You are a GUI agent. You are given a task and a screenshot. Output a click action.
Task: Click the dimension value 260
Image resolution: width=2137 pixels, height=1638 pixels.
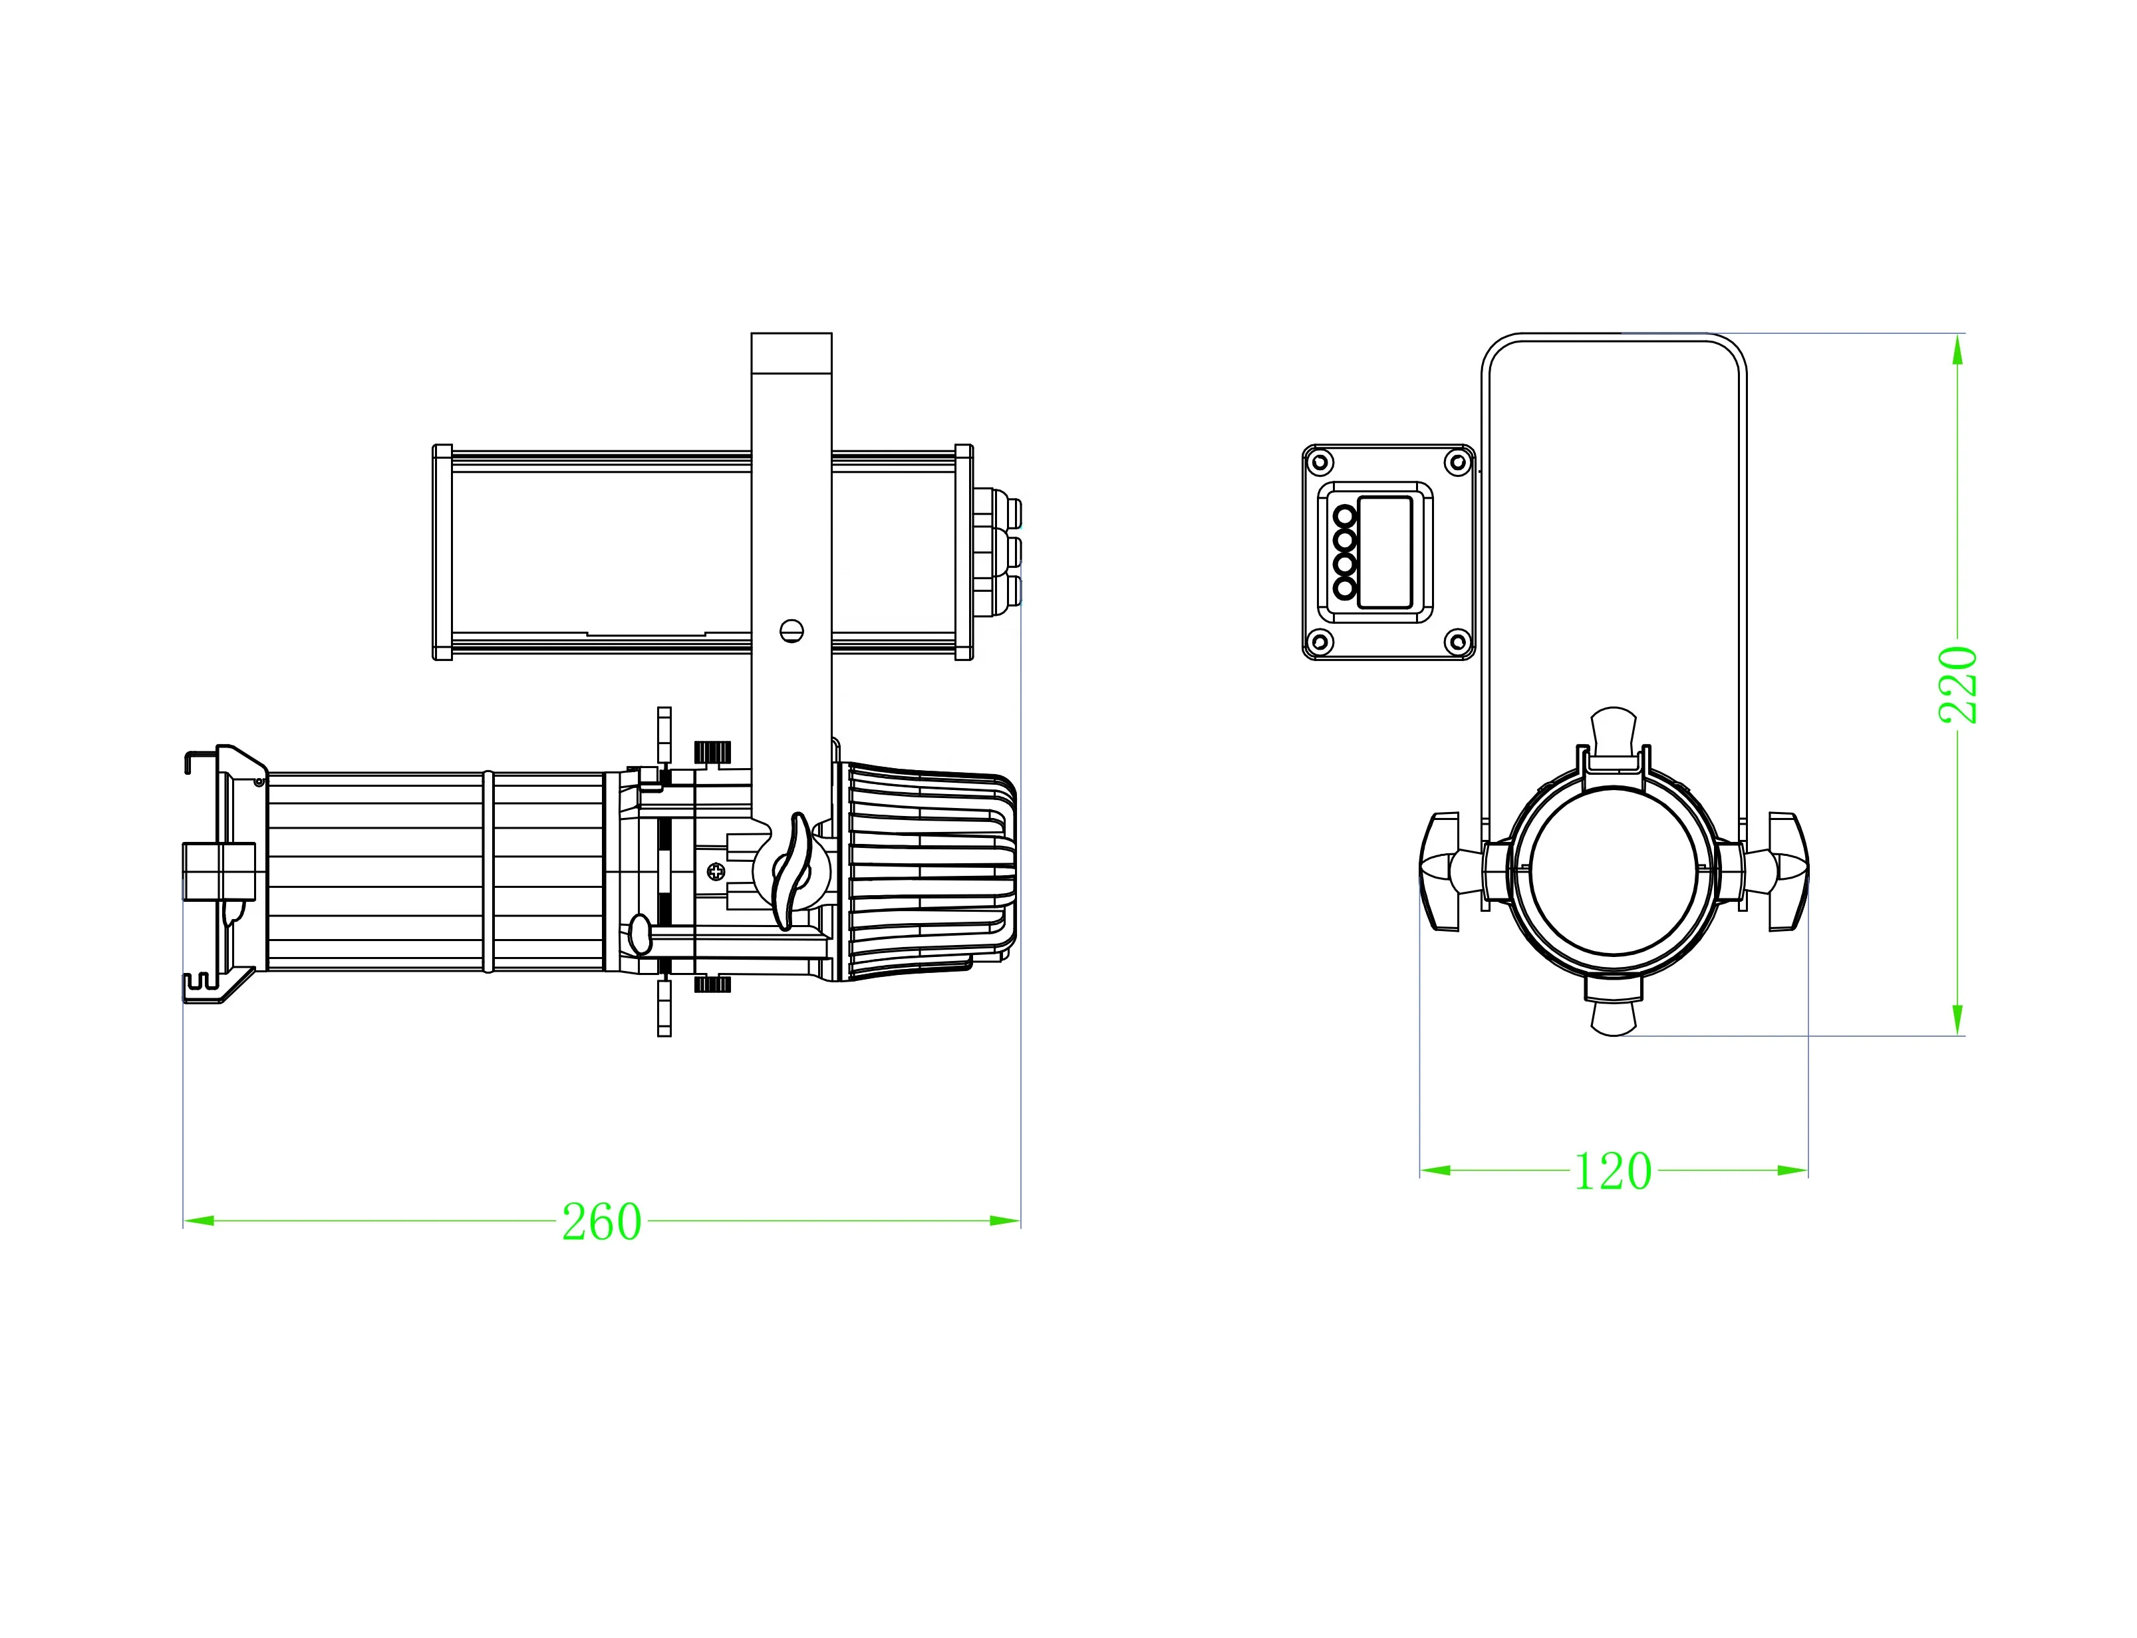coord(601,1222)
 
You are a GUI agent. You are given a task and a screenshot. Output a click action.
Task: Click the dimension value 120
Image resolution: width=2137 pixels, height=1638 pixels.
coord(1614,1171)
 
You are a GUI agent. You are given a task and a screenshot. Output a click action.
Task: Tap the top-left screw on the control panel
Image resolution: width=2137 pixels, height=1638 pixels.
coord(1321,461)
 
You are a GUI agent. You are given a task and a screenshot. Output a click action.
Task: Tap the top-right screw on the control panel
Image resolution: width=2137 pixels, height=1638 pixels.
coord(1459,461)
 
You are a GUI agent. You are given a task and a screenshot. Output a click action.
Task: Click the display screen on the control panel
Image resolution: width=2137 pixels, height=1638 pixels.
coord(1385,552)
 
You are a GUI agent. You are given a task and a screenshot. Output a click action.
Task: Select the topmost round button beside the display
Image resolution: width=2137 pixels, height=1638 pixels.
coord(1346,515)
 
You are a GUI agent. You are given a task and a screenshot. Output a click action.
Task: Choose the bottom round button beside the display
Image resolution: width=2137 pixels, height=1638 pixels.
coord(1346,588)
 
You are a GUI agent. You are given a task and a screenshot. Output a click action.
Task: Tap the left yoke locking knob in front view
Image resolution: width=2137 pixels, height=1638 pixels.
coord(1443,871)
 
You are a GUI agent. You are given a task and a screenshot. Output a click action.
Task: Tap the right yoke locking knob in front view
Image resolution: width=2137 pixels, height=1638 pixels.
coord(1784,871)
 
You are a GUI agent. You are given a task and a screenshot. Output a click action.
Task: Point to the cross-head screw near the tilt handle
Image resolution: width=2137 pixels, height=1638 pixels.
coord(716,871)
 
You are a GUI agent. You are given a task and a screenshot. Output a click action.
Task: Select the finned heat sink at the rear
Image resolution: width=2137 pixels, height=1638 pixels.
coord(926,870)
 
